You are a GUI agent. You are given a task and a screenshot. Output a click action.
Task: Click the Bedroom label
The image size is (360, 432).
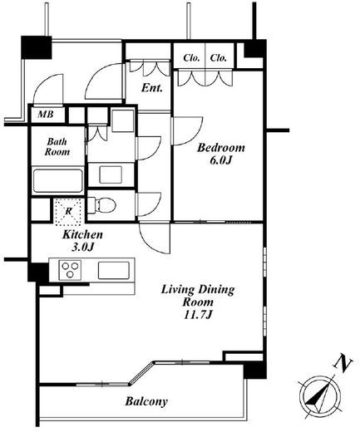[221, 148]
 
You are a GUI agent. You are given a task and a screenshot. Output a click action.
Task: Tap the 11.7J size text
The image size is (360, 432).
[198, 315]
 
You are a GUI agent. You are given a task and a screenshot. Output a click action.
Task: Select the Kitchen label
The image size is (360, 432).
[82, 234]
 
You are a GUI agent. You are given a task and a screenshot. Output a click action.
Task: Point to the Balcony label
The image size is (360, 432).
[146, 401]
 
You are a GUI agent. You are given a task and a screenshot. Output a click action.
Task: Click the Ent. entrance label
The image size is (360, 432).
[151, 88]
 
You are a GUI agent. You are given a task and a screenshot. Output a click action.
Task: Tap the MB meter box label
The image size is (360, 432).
[46, 114]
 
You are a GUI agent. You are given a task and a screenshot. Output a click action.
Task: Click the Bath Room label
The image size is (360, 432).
[57, 147]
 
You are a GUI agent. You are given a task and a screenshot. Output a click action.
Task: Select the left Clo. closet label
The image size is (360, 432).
[191, 58]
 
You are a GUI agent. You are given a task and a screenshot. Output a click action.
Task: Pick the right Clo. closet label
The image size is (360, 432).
[218, 58]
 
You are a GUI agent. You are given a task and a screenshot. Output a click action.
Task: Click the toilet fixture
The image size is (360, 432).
[101, 205]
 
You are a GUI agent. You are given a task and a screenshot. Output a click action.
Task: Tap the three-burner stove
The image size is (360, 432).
[70, 270]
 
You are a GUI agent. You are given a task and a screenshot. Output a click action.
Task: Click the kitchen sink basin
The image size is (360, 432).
[114, 271]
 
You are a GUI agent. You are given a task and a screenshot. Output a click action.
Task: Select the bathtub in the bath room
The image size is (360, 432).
[57, 180]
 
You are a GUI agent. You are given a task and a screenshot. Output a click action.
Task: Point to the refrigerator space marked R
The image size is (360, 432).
[68, 211]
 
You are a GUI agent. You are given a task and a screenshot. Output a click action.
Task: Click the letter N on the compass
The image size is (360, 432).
[343, 364]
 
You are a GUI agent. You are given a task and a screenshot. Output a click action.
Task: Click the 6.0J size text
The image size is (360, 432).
[220, 160]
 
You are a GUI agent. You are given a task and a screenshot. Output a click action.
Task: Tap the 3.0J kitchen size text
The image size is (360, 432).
[83, 247]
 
